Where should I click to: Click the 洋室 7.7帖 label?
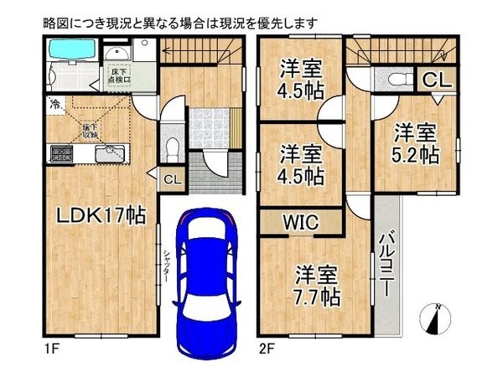pos(316,285)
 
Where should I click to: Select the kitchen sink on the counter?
pos(109,154)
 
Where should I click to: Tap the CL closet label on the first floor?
pos(171,178)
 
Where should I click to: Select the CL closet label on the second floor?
pos(438,80)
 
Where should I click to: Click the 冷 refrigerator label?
pos(53,106)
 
